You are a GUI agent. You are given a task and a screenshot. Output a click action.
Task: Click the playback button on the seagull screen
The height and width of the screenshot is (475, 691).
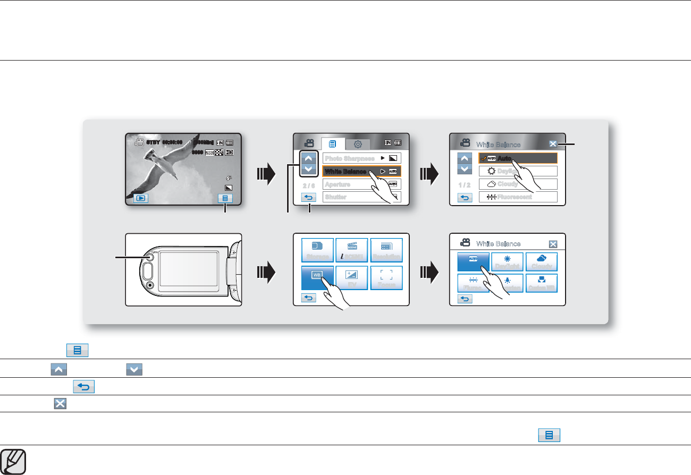coord(141,199)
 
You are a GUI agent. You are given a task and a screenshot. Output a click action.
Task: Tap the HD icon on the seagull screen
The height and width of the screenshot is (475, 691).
coord(229,152)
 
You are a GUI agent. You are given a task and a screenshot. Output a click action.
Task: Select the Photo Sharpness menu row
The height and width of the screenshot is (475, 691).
coord(361,158)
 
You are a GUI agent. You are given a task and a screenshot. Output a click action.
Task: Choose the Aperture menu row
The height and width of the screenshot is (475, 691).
coord(361,184)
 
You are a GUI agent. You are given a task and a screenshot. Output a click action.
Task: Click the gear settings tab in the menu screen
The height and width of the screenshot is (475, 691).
coord(358,143)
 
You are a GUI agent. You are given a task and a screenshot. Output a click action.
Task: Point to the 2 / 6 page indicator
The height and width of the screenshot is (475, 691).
coord(308,186)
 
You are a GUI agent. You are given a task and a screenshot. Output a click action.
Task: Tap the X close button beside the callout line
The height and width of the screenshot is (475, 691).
coord(553,143)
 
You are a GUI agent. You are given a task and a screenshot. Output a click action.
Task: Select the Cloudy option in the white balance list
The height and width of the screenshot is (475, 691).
coord(518,184)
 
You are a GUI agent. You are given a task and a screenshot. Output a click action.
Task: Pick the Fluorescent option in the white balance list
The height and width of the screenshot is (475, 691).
coord(518,197)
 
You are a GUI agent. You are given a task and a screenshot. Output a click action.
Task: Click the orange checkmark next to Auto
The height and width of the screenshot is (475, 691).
coord(483,158)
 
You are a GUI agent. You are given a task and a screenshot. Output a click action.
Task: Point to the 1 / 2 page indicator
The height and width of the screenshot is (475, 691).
coord(465,185)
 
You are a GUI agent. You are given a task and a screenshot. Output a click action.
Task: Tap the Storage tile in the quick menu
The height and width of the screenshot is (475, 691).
coord(317,250)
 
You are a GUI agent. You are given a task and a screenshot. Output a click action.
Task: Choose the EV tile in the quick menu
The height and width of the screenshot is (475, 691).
coord(352,278)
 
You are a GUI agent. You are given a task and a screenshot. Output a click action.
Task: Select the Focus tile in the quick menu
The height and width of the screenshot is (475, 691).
coord(386,278)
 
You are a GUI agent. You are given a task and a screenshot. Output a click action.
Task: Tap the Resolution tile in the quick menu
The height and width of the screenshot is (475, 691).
coord(386,250)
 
